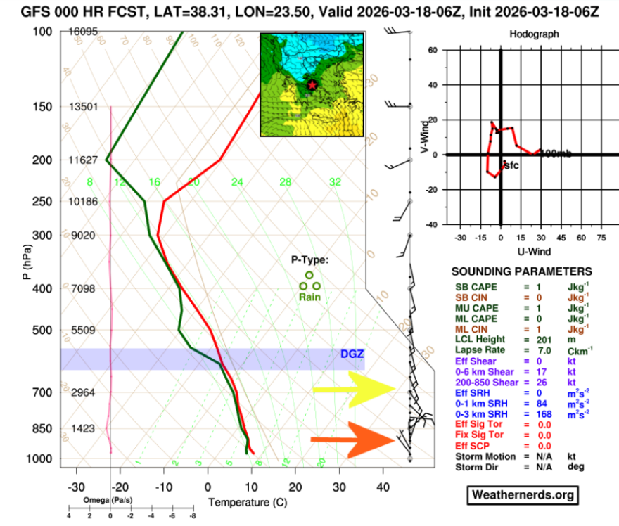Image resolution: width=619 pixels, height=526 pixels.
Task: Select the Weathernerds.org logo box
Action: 524,495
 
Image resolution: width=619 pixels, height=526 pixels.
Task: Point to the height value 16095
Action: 83,32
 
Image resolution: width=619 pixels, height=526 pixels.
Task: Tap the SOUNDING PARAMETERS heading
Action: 521,271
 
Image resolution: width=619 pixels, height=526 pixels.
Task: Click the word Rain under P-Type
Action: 310,297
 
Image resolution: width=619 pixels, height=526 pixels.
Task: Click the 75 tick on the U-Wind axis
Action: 601,238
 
